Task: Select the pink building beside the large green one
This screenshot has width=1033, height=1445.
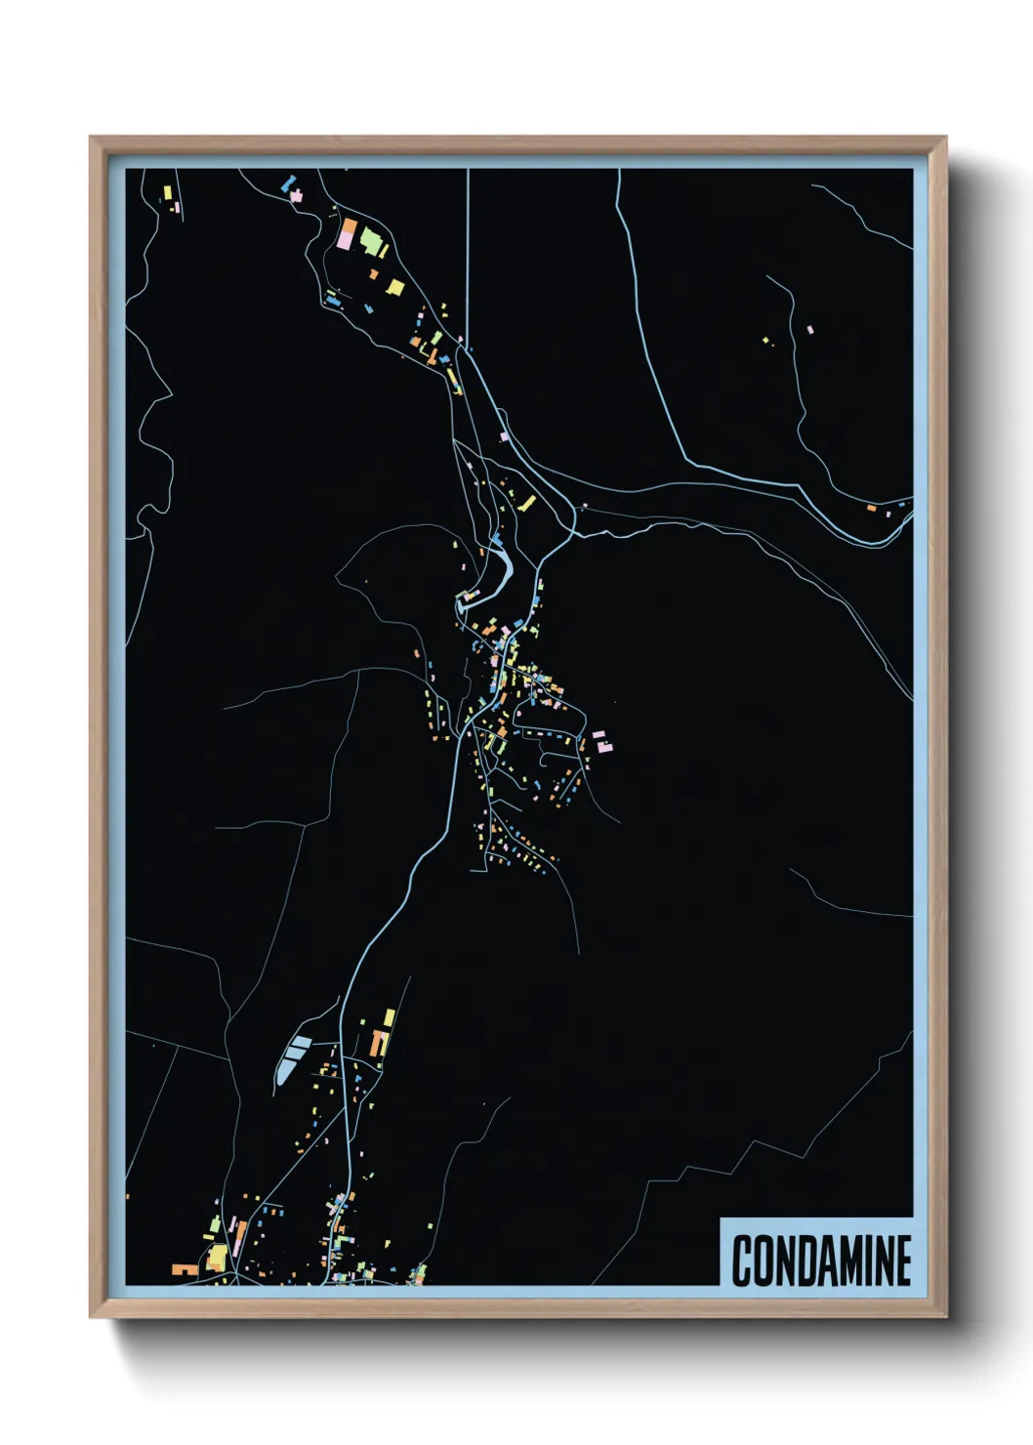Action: click(x=347, y=236)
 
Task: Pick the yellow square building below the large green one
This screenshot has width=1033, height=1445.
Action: click(x=395, y=287)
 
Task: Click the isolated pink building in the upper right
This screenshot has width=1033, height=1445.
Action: click(x=809, y=330)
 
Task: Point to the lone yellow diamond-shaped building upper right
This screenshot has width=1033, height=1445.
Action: click(x=766, y=341)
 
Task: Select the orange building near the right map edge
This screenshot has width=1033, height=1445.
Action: click(x=871, y=508)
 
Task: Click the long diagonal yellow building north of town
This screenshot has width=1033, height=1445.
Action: click(x=528, y=504)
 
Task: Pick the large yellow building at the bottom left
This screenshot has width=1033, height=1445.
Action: click(x=217, y=1258)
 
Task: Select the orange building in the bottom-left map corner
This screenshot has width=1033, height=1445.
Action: click(x=184, y=1270)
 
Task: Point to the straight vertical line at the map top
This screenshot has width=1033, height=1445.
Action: click(x=469, y=254)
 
